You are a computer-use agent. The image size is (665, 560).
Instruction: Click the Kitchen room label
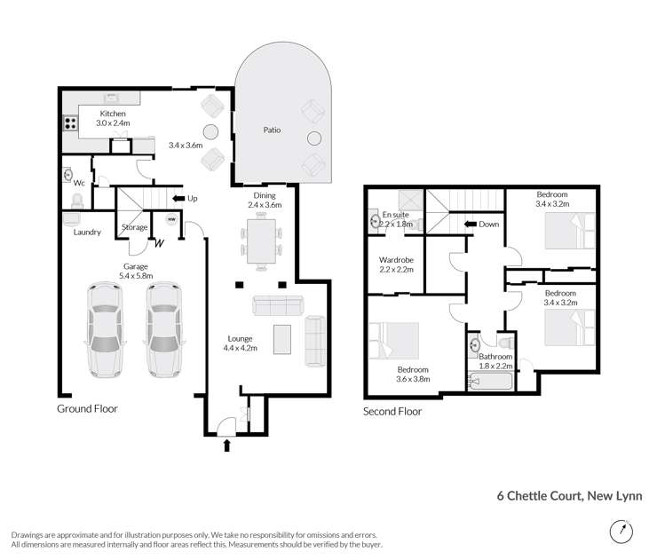tap(113, 114)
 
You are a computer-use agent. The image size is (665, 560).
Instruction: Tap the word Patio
tap(272, 130)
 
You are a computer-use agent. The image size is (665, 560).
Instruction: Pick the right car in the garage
tap(163, 330)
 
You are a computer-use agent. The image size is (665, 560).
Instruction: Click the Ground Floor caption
tap(87, 409)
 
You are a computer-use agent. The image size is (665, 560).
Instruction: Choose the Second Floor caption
tap(392, 412)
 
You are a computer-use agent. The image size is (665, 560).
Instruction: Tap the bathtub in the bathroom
tap(490, 383)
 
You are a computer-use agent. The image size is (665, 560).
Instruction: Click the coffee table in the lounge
tap(282, 338)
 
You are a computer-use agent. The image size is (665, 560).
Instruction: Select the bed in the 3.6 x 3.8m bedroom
tap(395, 342)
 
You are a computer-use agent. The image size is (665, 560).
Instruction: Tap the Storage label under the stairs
tap(134, 228)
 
